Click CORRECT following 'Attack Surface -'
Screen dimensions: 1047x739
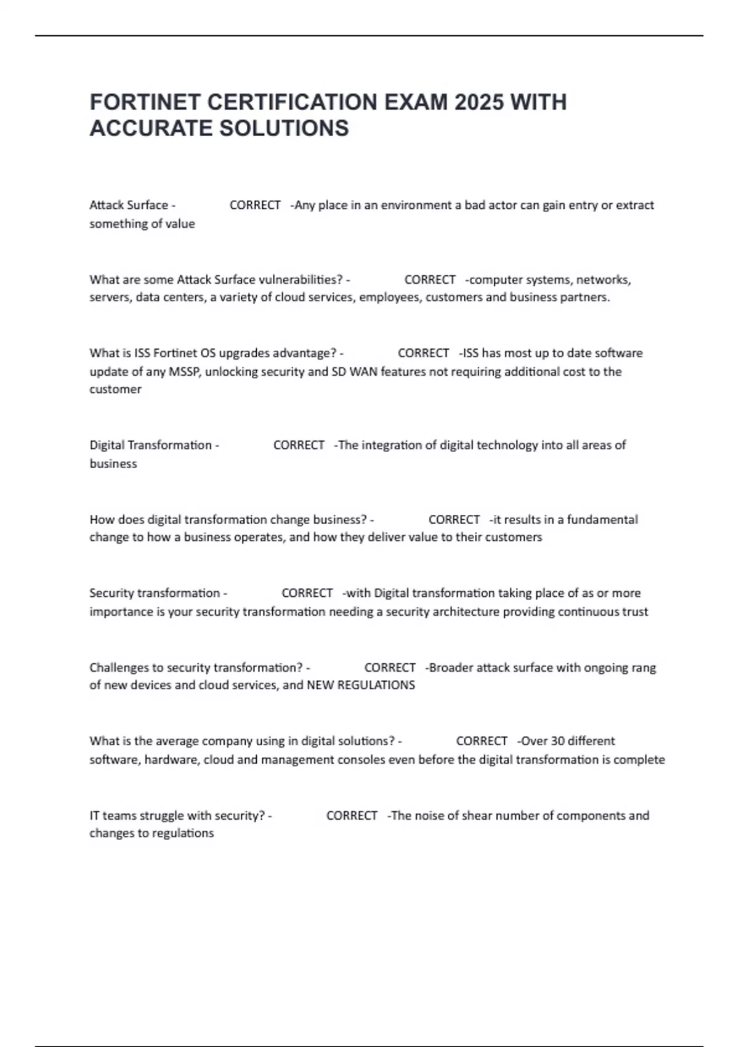[255, 205]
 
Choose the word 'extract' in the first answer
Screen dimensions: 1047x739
[635, 205]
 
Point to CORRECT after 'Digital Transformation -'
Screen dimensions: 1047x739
[299, 445]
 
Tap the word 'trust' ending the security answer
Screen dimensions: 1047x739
[635, 612]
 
